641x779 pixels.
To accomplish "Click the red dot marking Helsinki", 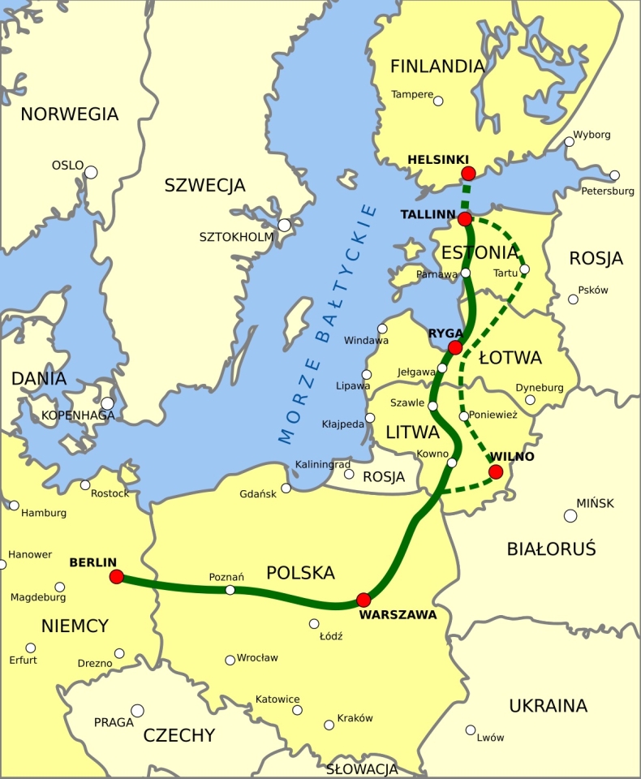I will coord(468,173).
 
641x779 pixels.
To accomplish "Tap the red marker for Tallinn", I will coord(465,219).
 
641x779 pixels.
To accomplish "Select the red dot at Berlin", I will coord(117,577).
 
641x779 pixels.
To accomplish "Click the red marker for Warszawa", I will coord(364,600).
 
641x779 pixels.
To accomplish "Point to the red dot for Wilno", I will coord(496,471).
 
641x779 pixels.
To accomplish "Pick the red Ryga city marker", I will coord(455,347).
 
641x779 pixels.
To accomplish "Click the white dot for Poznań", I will coord(230,590).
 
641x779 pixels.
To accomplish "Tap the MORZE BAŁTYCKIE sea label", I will coord(328,325).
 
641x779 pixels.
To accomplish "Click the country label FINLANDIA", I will coord(437,67).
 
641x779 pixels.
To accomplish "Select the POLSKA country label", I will coord(300,573).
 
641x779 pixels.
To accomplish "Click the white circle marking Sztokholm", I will coord(285,225).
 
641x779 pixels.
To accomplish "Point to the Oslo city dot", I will coord(91,172).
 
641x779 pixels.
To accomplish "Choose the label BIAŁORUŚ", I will coord(552,549).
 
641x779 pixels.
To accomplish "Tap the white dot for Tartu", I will coord(524,269).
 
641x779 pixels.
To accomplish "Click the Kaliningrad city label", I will coord(323,464).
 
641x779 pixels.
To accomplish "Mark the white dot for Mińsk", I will coord(570,515).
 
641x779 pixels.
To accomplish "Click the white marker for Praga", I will coord(138,711).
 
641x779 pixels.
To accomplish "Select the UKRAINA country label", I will coord(548,706).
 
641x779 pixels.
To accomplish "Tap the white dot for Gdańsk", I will coord(286,488).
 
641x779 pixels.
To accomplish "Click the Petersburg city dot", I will coord(614,175).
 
